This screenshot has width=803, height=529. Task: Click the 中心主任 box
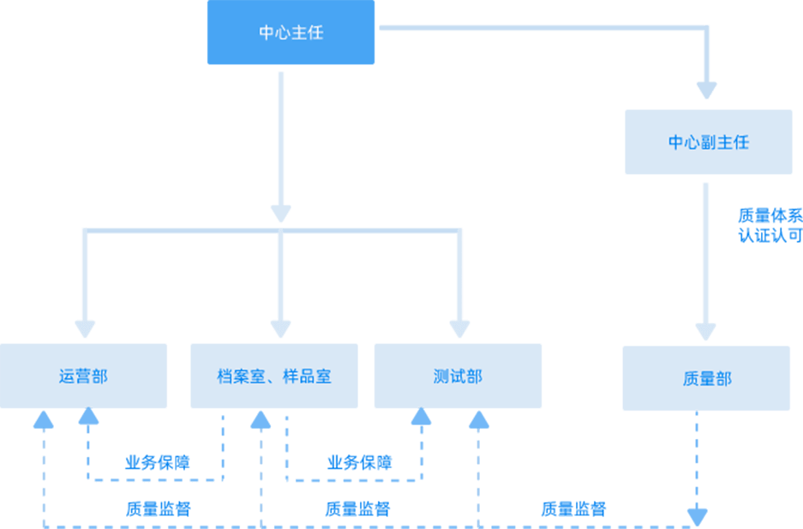(291, 33)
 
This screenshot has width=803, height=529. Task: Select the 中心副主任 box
(708, 141)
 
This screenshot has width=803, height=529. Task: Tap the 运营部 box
(84, 376)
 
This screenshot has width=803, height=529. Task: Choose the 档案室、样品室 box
(274, 376)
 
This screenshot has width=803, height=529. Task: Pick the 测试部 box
(458, 376)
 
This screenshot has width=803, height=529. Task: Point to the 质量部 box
(706, 378)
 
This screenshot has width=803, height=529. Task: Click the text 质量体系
(770, 215)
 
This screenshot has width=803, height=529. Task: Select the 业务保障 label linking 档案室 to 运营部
(157, 463)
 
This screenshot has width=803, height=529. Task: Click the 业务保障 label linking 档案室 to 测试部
(359, 463)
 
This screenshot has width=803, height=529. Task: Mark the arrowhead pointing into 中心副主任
(706, 89)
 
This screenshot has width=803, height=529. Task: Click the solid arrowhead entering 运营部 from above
(85, 328)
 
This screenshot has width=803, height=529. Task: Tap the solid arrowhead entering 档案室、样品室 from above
(281, 328)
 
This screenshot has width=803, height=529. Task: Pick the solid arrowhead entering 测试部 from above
(460, 328)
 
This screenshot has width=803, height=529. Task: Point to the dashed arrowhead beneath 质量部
(697, 517)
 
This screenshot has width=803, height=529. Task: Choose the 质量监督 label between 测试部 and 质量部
(573, 508)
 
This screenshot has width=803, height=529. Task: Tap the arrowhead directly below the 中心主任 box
(281, 213)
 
